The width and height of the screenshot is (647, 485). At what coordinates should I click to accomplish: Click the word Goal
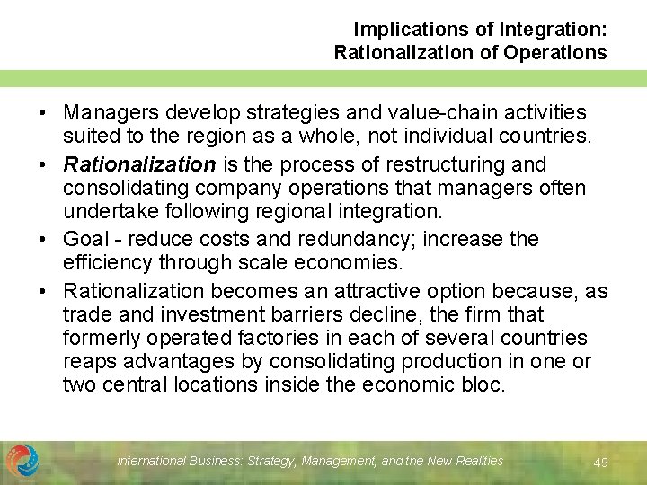84,240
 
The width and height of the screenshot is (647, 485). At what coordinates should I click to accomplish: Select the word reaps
86,362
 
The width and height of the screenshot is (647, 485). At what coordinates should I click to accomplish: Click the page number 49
601,463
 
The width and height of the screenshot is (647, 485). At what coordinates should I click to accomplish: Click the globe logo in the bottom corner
22,461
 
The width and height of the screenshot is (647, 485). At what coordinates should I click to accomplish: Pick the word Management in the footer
340,461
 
